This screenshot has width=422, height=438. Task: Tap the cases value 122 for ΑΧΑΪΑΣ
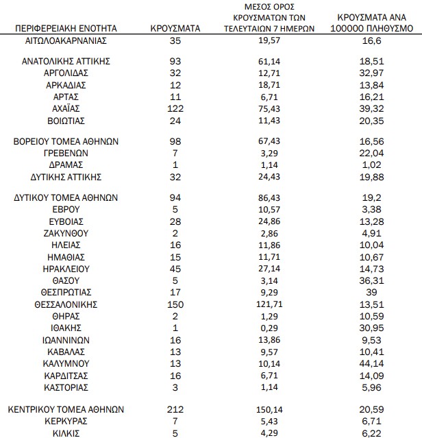click(175, 108)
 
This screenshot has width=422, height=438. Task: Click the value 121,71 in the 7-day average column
click(269, 304)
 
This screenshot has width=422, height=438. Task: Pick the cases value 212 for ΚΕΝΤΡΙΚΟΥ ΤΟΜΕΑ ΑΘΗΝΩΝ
click(175, 409)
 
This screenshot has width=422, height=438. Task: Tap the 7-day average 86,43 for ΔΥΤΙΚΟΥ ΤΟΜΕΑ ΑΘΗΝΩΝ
click(269, 197)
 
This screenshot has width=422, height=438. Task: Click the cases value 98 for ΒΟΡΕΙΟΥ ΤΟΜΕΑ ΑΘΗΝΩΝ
click(175, 141)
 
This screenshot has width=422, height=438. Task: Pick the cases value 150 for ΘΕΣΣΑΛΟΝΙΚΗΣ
click(175, 304)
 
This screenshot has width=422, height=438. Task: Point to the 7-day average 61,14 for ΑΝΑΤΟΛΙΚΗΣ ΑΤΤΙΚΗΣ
click(269, 61)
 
